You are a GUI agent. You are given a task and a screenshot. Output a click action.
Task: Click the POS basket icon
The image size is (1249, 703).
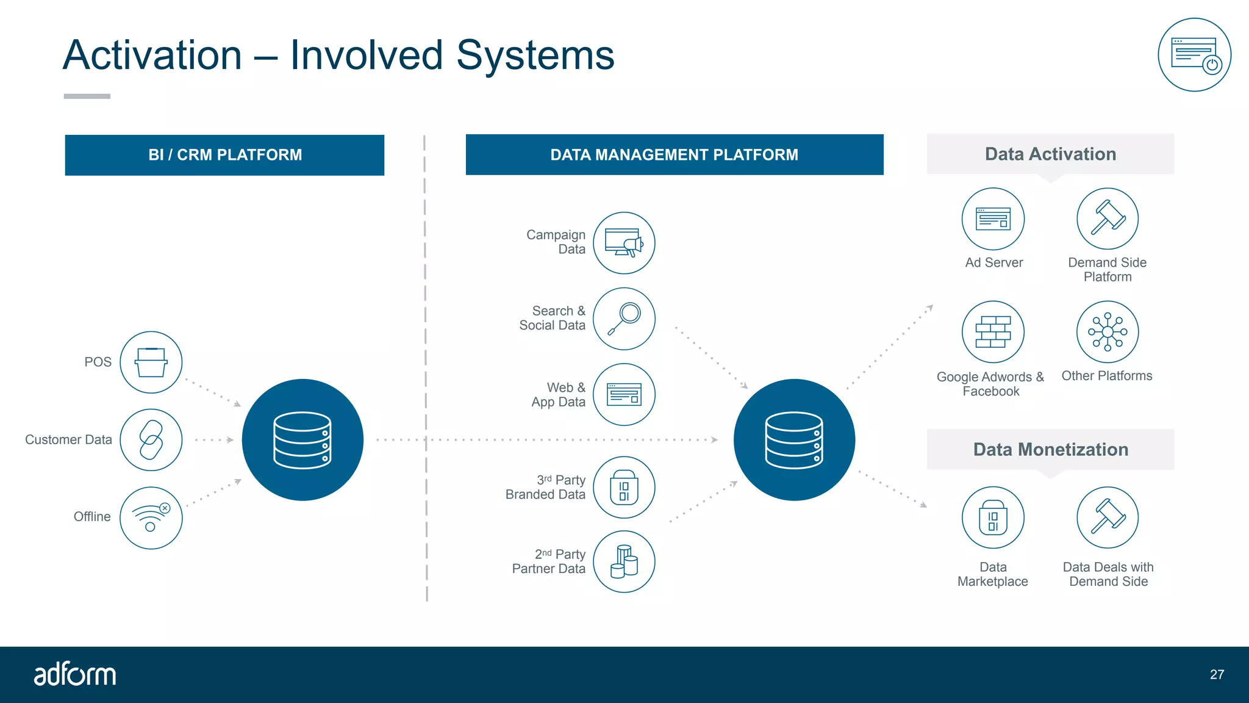pos(151,362)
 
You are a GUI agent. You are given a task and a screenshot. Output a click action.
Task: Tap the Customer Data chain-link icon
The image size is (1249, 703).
pos(151,440)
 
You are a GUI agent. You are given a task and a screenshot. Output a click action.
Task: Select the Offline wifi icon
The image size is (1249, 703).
pos(151,517)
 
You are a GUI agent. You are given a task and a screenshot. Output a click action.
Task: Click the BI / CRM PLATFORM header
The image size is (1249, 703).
pos(224,155)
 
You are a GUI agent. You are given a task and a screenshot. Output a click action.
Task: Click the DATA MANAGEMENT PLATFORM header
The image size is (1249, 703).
pos(674,155)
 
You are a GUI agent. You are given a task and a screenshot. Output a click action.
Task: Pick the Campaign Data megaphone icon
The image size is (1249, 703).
pos(624,243)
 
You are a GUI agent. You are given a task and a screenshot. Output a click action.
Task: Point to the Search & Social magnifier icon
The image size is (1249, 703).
pos(624,319)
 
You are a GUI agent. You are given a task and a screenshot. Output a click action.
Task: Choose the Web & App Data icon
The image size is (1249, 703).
pos(624,394)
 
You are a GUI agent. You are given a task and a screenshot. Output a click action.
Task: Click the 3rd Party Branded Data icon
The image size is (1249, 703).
pos(624,488)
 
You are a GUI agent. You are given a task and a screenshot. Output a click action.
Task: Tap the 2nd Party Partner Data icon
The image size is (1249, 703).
pos(624,561)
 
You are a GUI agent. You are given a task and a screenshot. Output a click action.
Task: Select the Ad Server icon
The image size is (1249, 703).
pos(993,218)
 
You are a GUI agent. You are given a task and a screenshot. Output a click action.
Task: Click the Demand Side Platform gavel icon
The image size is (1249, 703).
pos(1108,218)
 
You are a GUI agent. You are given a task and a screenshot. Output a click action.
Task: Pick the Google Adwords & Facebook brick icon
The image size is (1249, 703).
pos(993,332)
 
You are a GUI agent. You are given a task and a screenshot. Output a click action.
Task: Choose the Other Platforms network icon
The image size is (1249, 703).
pos(1108,332)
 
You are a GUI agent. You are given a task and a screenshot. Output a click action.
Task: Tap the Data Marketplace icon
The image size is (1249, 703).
pos(993,517)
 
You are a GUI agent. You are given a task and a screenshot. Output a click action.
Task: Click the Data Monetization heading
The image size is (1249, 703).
pos(1050,450)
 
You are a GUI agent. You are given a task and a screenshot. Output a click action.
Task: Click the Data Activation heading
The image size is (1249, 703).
pos(1050,154)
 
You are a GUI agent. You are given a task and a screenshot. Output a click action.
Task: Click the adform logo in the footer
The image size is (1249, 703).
pos(74,674)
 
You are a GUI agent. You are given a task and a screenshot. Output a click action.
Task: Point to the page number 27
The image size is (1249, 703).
pos(1217,674)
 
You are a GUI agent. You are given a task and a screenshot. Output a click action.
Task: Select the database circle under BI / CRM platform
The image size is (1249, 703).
pos(302,440)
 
